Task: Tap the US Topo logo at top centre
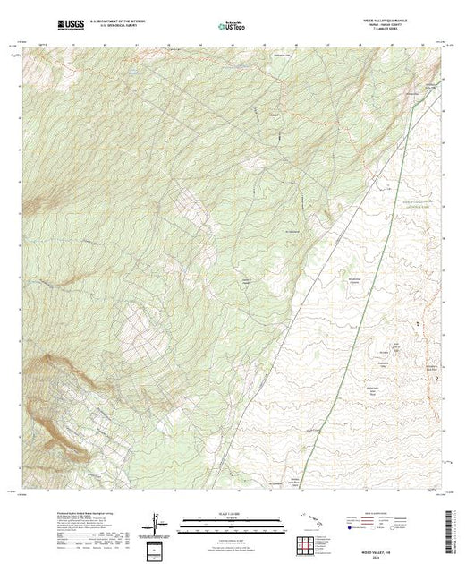click(231, 26)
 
